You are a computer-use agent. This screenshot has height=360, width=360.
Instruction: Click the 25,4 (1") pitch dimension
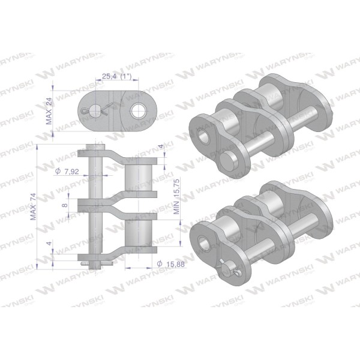pos(116,76)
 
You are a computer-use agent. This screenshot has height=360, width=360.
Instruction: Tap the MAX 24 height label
pos(49,111)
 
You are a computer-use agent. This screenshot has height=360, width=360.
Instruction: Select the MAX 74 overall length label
pos(33,206)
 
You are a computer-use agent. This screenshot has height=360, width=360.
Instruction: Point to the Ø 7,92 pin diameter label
pos(67,171)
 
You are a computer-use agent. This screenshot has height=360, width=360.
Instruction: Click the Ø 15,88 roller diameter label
pos(170,264)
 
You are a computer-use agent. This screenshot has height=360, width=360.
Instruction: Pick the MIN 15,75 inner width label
pos(176,196)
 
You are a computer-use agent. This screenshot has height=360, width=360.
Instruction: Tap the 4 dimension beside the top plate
pos(161,146)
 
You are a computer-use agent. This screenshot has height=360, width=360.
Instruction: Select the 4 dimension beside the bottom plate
pos(49,244)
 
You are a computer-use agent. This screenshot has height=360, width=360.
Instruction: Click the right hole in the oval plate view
pos(137,111)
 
